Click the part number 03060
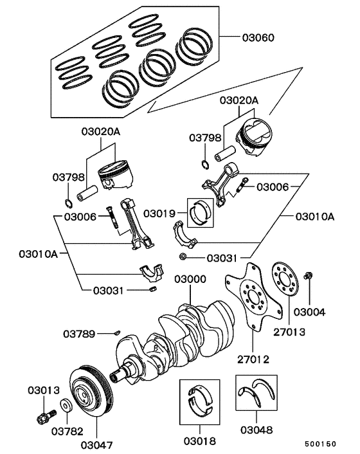(x=258, y=38)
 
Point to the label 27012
(x=253, y=359)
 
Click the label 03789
(x=79, y=334)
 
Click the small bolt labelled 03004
(x=308, y=277)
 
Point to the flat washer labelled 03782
(x=66, y=406)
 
